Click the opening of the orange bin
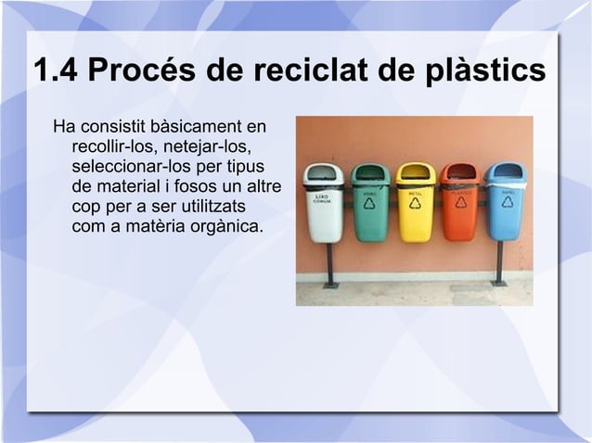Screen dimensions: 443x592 pos(459,172)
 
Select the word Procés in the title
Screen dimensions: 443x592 pos(151,71)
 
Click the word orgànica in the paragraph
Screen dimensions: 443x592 pos(219,225)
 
